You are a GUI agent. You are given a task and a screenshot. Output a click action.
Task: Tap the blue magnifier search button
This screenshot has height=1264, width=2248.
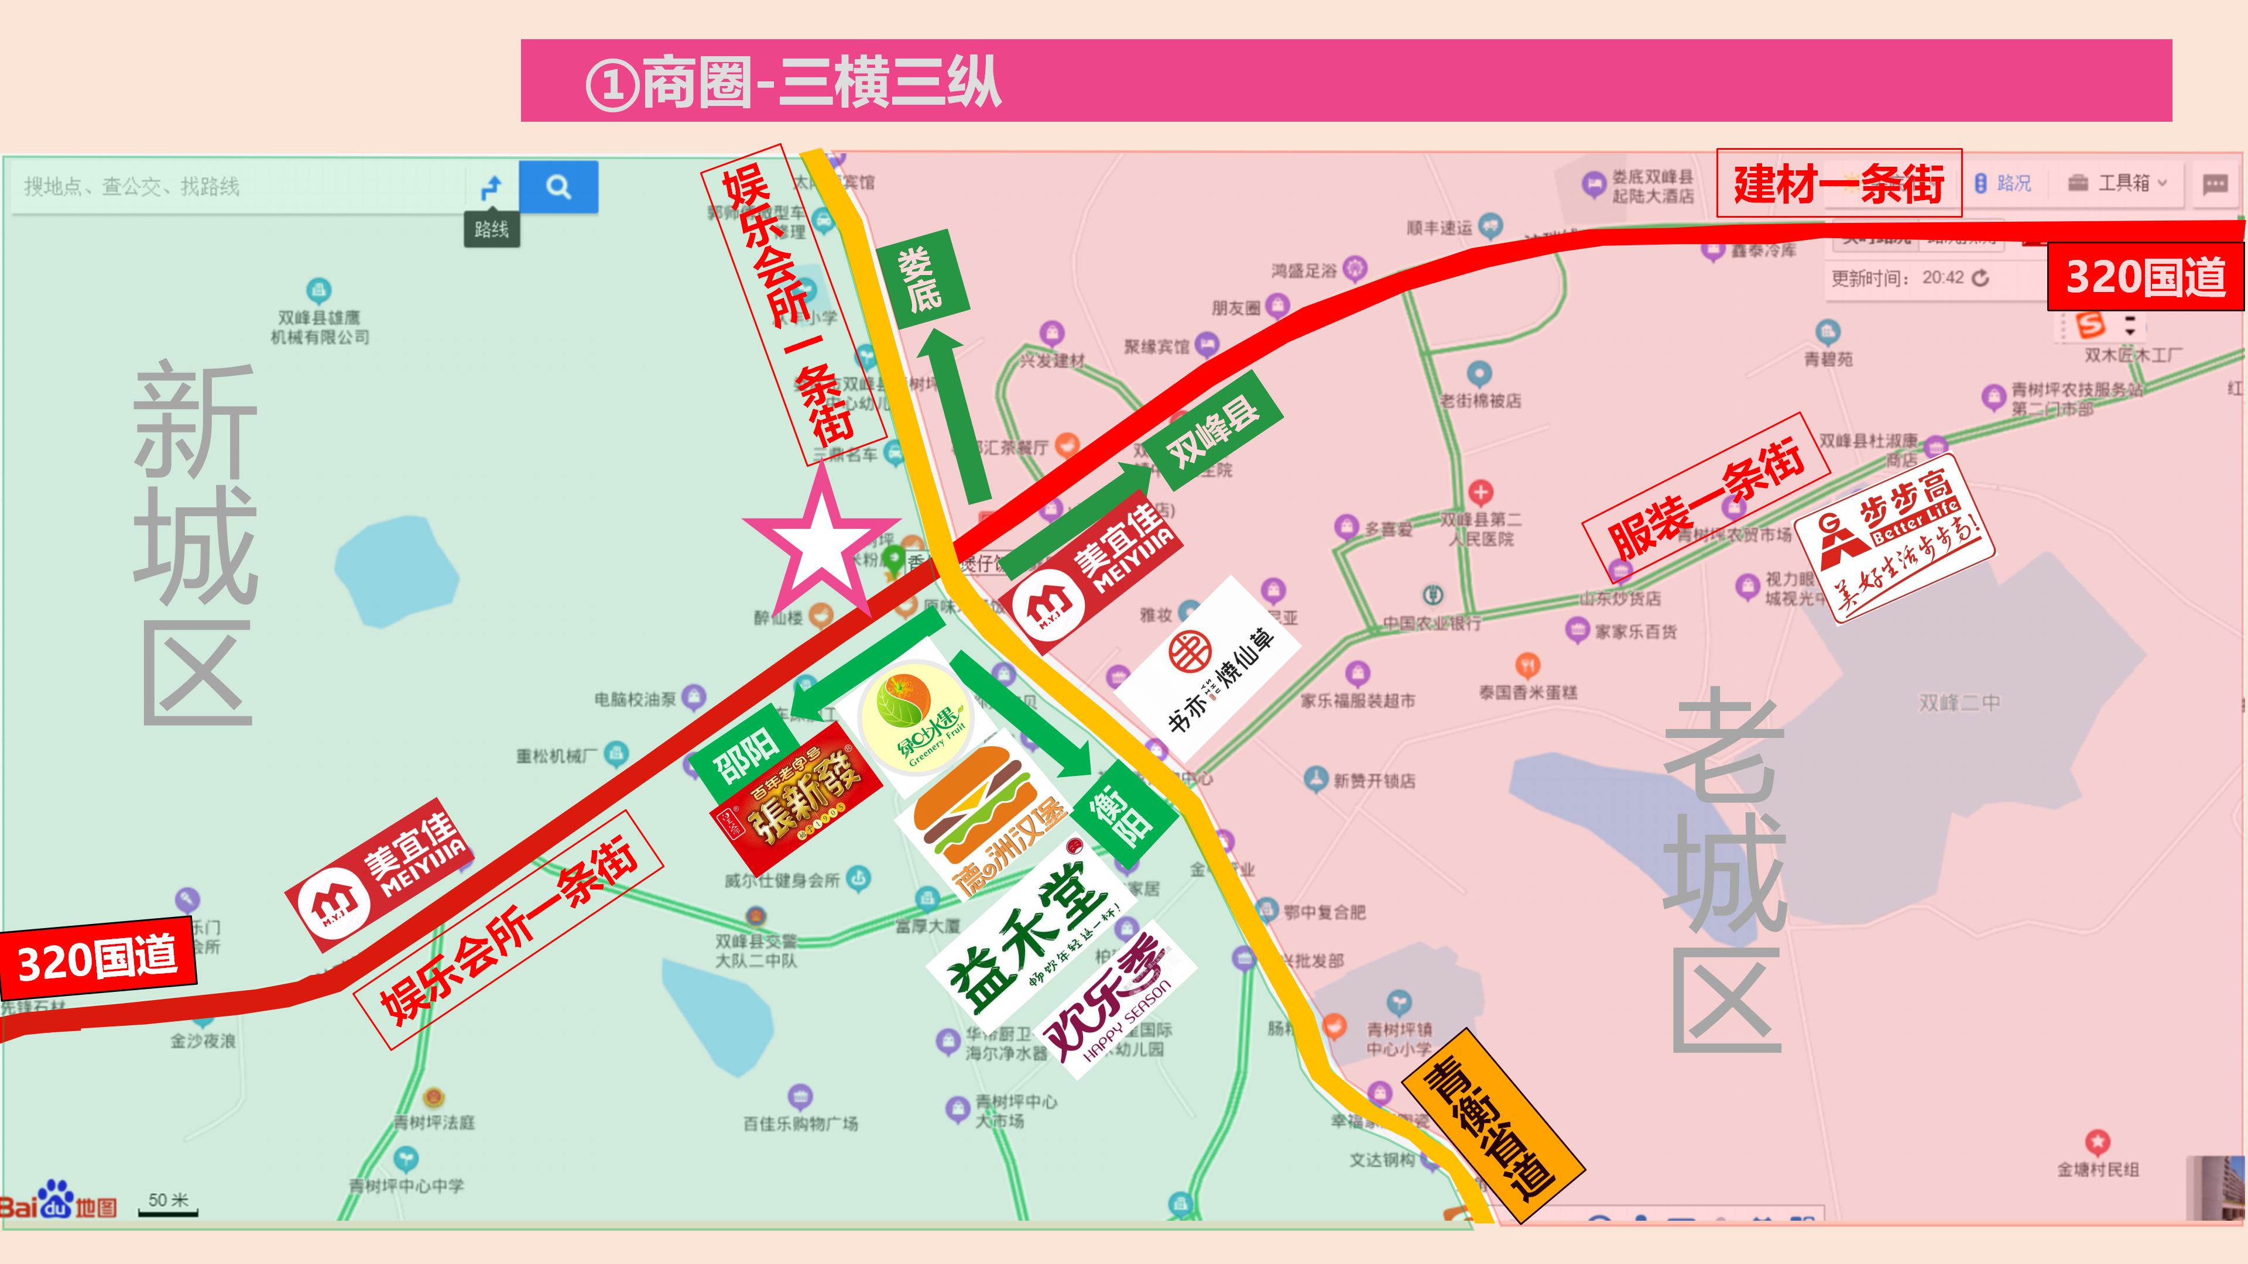[x=558, y=187]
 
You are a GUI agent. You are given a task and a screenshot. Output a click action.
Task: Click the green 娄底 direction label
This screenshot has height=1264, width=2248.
[x=921, y=279]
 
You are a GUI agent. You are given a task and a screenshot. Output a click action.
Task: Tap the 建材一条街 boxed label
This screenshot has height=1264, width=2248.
[x=1838, y=183]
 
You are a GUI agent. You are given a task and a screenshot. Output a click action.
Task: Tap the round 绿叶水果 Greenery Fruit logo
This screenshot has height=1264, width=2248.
[x=914, y=717]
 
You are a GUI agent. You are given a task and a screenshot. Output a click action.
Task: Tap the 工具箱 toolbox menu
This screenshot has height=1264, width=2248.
[x=2116, y=183]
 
